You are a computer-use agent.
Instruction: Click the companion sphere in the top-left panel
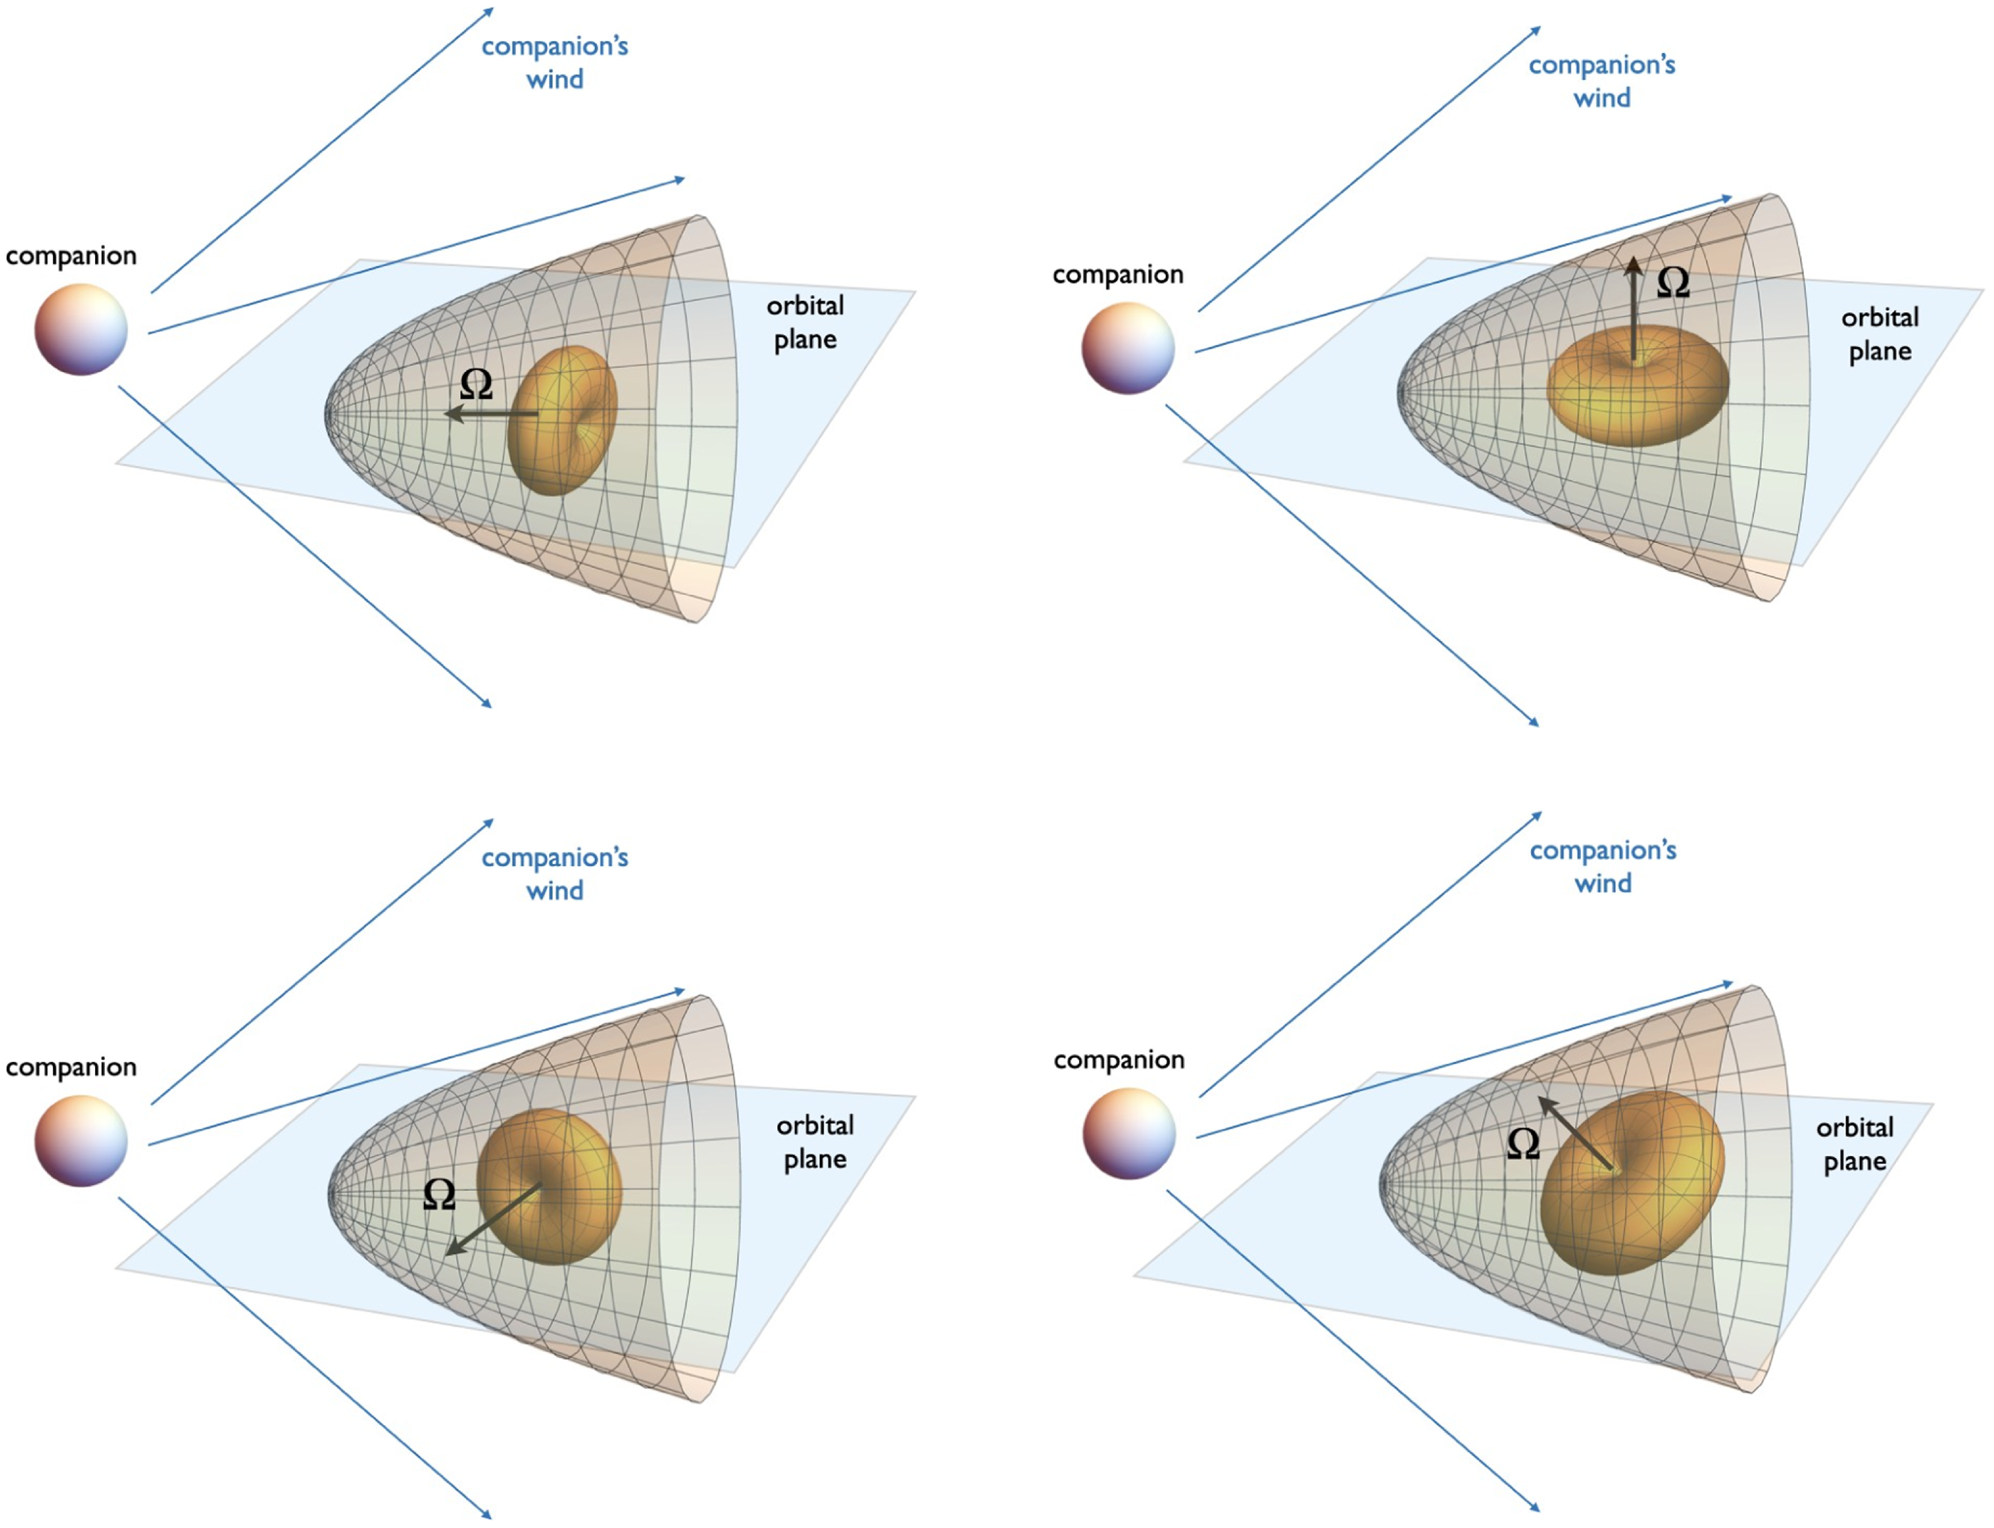point(81,329)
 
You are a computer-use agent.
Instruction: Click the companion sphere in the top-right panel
point(1128,348)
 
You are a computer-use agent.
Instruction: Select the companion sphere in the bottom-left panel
point(81,1141)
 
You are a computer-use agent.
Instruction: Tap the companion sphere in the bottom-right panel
point(1129,1133)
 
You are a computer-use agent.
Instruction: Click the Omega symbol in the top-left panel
point(476,385)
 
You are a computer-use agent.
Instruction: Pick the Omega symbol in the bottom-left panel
point(439,1194)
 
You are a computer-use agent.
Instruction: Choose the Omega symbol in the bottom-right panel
point(1523,1143)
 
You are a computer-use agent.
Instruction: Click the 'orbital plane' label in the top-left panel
point(805,322)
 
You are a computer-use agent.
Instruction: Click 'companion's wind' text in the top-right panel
point(1602,81)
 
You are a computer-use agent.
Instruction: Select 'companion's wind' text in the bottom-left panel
point(555,873)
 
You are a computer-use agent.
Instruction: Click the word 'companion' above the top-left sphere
point(71,256)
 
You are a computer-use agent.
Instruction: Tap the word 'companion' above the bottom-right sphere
point(1119,1059)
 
